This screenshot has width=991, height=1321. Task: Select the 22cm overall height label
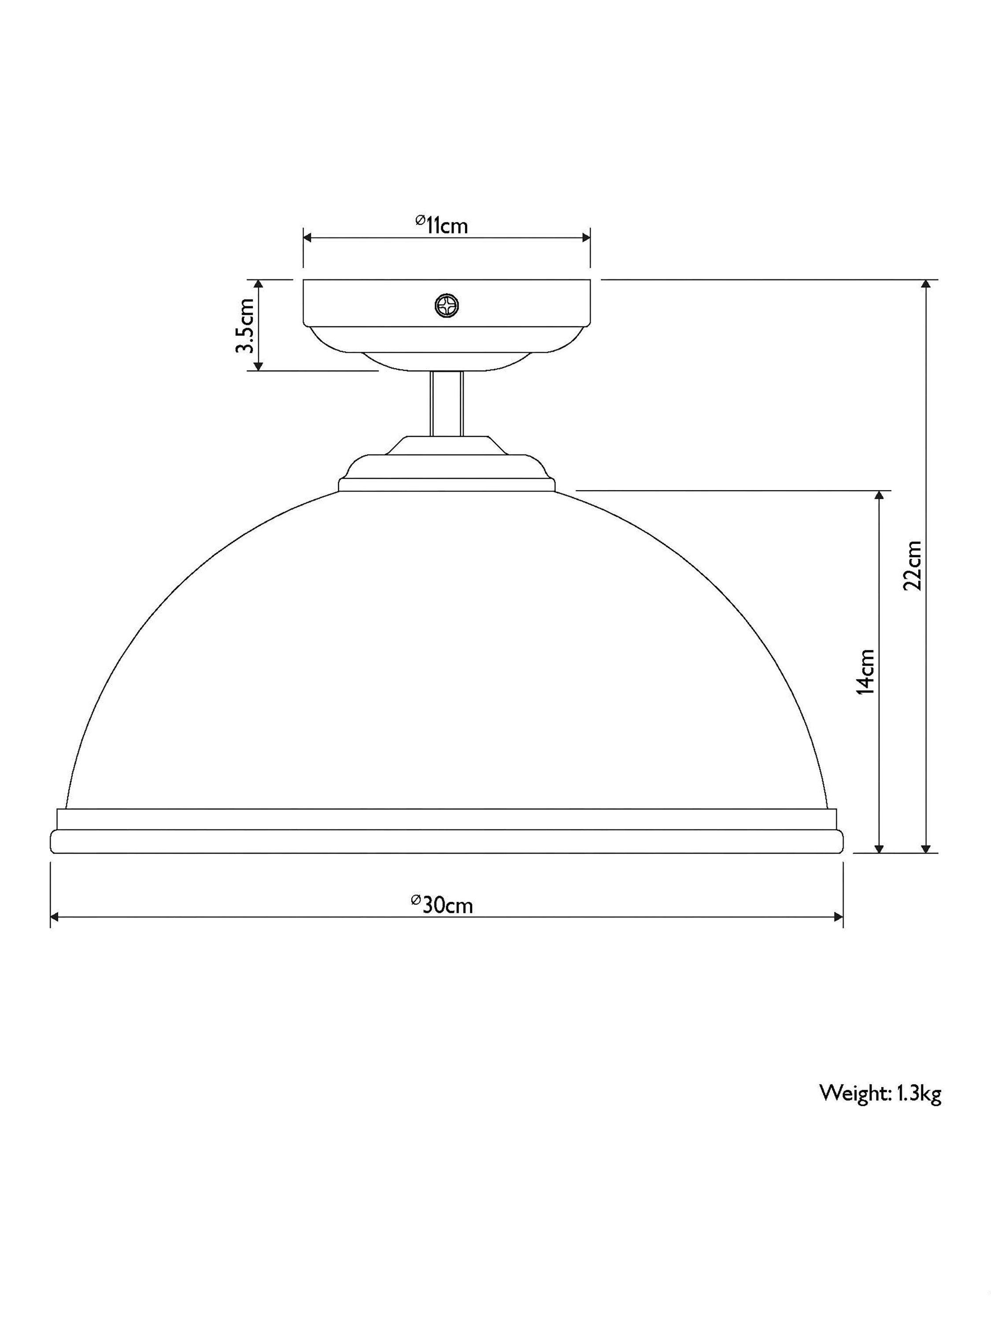click(912, 565)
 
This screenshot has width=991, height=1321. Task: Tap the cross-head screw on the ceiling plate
click(447, 306)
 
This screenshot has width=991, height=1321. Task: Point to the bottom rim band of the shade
click(446, 841)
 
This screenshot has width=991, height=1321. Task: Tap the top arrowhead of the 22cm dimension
click(926, 285)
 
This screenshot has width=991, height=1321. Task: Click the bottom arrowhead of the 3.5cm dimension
click(259, 365)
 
